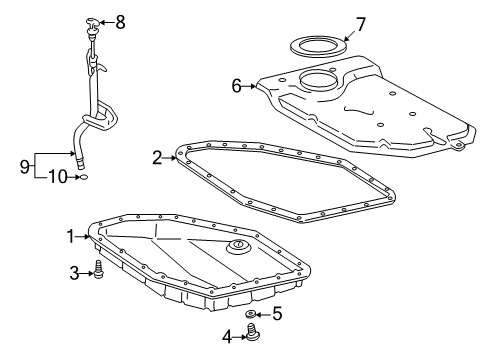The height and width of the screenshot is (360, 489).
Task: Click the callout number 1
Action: coord(71,237)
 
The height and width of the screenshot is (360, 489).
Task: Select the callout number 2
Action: coord(157,156)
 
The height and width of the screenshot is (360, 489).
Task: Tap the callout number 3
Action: coord(73,271)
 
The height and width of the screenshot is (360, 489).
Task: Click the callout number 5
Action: coord(277,314)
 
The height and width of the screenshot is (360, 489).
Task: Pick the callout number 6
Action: coord(238,86)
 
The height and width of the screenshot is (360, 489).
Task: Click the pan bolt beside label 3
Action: coord(98,270)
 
